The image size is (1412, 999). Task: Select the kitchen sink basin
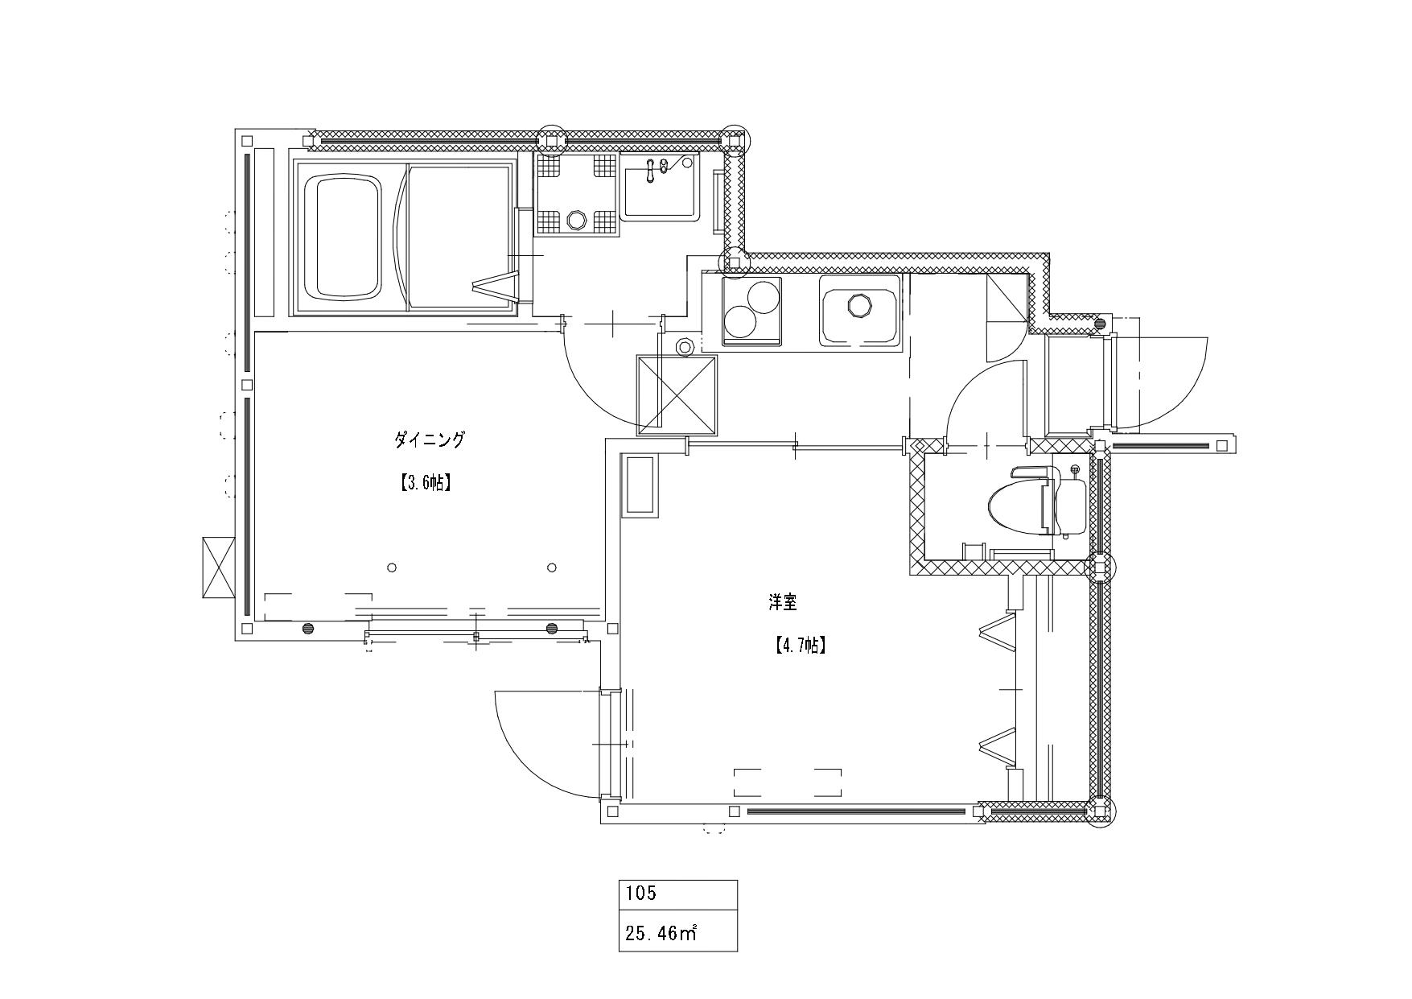[x=860, y=311]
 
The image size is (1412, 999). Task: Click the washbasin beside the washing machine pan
[x=659, y=188]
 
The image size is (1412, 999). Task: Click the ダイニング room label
[x=430, y=440]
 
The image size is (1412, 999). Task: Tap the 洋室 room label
[x=783, y=601]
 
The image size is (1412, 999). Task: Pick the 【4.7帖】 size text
[x=800, y=645]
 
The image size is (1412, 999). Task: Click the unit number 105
[x=640, y=893]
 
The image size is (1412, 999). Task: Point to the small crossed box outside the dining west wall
[x=218, y=567]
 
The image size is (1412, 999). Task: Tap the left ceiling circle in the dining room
[x=392, y=568]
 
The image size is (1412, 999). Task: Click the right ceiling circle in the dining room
[x=552, y=568]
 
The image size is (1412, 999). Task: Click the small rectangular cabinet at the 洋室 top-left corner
[x=640, y=485]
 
